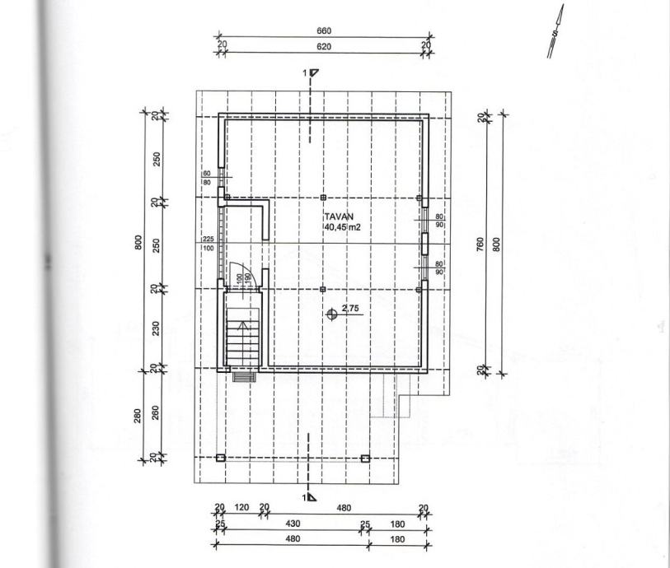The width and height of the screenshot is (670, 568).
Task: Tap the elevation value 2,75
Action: [352, 308]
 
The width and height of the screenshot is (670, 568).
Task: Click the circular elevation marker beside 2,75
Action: [331, 314]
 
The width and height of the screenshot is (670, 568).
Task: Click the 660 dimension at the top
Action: [324, 31]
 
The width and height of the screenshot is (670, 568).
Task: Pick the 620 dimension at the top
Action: [324, 47]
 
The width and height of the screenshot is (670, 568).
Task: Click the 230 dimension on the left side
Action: [156, 328]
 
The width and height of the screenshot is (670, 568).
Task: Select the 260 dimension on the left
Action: [156, 412]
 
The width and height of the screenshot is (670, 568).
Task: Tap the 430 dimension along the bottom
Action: [293, 524]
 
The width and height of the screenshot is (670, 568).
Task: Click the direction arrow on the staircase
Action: [241, 327]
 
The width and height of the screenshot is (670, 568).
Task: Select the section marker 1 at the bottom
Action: [309, 497]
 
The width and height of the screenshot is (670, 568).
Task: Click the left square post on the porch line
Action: [220, 457]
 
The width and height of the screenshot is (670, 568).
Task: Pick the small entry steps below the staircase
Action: [241, 376]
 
